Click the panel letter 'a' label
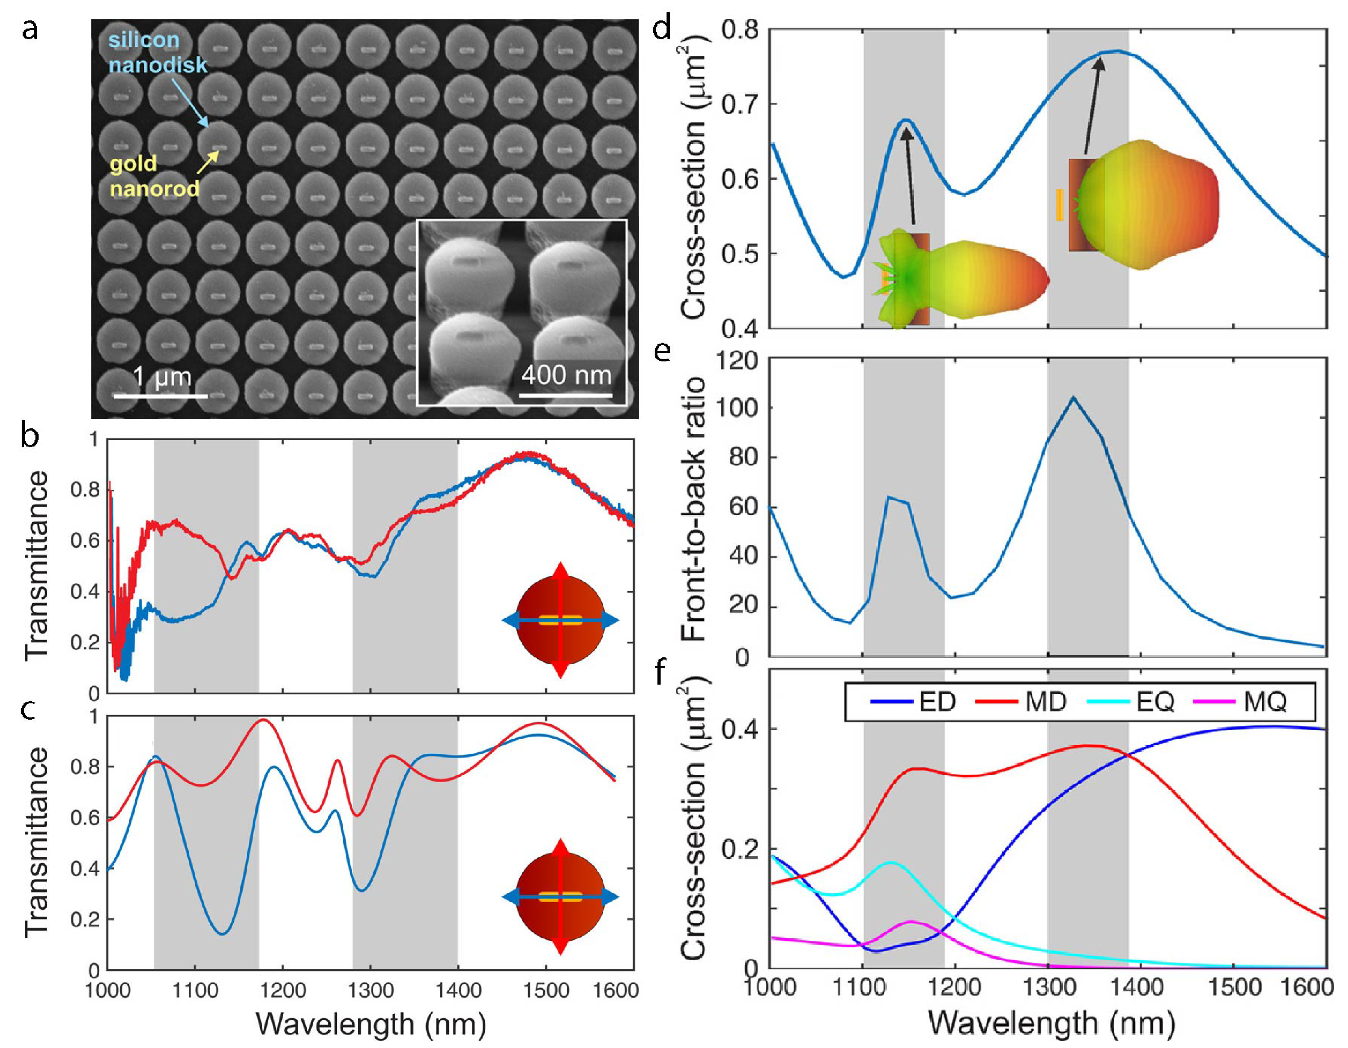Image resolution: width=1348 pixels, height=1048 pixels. tap(30, 30)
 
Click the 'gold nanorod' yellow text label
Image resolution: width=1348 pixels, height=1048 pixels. tap(154, 176)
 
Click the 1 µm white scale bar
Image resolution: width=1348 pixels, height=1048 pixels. tap(161, 395)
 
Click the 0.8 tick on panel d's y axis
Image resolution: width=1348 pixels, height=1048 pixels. tap(738, 30)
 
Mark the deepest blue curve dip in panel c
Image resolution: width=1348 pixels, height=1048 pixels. tap(223, 933)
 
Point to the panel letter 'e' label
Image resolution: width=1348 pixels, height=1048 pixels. tap(662, 352)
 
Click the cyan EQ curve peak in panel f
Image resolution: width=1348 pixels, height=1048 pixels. tap(890, 863)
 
